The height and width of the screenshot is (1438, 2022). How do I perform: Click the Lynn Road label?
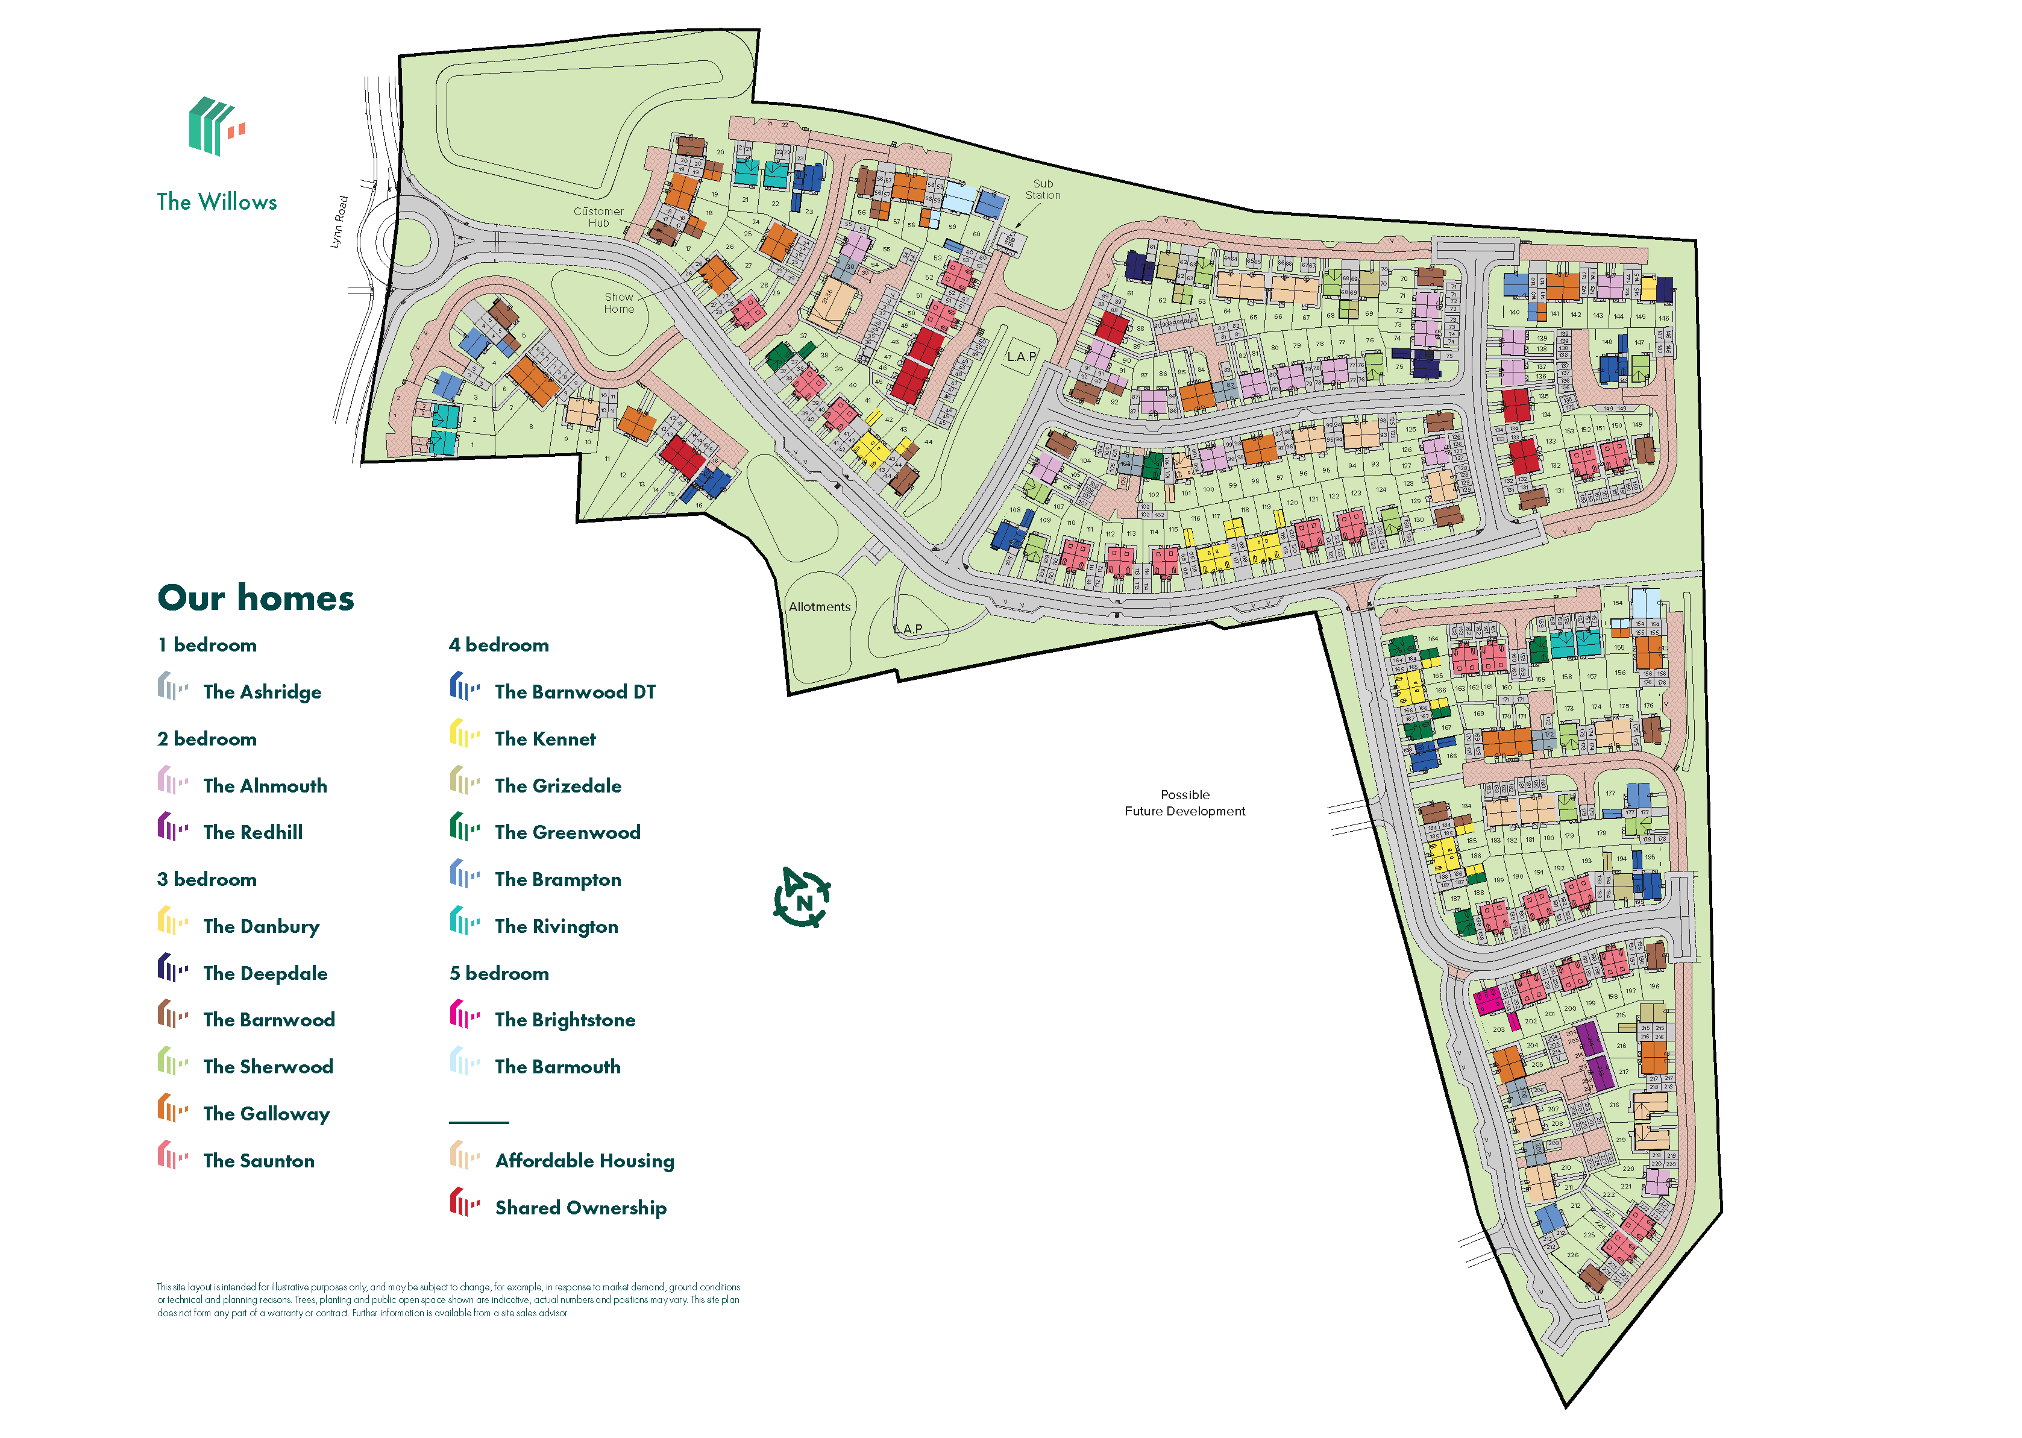point(339,222)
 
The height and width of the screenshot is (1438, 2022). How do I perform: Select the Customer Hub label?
point(598,217)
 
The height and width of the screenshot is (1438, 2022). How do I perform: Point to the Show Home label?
point(619,303)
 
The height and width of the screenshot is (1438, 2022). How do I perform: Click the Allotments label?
point(819,606)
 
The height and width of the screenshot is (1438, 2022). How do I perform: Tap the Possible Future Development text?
point(1184,802)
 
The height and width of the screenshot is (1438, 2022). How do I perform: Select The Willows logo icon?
point(214,127)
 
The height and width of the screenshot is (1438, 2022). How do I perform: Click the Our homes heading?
point(256,598)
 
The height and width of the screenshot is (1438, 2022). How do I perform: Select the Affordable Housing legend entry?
point(583,1160)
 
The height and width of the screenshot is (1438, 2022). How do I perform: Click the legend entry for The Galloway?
point(266,1113)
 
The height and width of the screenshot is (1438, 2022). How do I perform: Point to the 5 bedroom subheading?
point(498,973)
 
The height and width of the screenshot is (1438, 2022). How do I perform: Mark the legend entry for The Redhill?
point(253,832)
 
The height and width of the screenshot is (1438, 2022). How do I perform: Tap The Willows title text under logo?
point(217,202)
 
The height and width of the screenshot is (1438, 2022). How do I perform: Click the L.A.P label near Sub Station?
point(1021,357)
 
